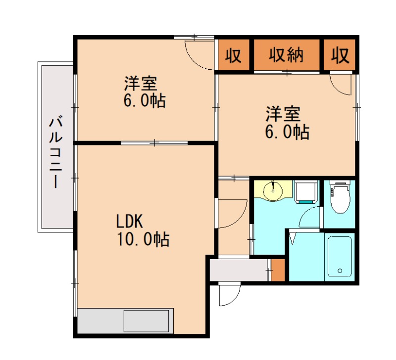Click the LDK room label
click(x=130, y=220)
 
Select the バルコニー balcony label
click(x=55, y=151)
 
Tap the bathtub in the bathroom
click(x=340, y=256)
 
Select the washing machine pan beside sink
click(x=306, y=192)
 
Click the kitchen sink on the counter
click(x=147, y=320)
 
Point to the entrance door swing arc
click(x=229, y=296)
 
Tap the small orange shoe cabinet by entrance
click(x=278, y=270)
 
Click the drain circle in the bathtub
click(x=340, y=270)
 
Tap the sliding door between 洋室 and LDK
click(x=155, y=143)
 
